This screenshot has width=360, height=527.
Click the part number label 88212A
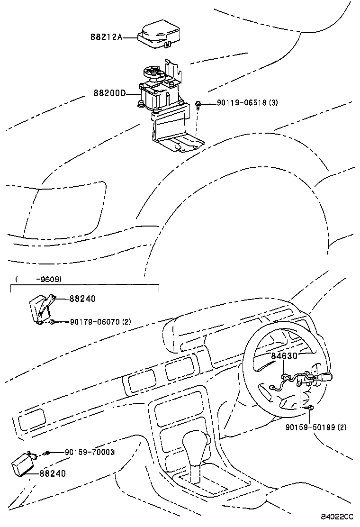click(x=106, y=36)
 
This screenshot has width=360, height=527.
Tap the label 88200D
click(x=109, y=93)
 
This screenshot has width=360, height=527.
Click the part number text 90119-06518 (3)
click(x=247, y=103)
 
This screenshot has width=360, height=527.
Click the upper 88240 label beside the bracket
click(x=82, y=299)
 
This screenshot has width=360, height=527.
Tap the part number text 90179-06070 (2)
click(x=100, y=322)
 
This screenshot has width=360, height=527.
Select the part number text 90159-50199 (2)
click(x=315, y=427)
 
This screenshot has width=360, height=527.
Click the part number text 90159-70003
click(x=90, y=453)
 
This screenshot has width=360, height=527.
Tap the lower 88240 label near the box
click(x=53, y=473)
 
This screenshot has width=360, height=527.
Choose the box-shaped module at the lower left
click(x=23, y=463)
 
